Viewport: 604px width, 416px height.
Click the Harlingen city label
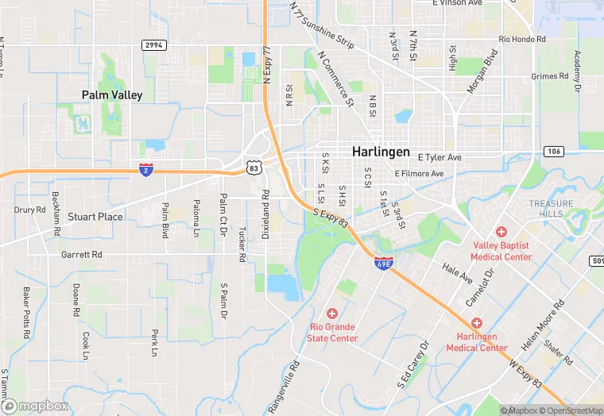[381, 152]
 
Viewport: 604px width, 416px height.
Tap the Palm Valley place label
[112, 95]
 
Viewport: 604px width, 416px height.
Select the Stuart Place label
[95, 216]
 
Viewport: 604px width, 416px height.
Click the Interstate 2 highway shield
[146, 169]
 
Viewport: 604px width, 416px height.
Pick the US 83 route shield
[254, 168]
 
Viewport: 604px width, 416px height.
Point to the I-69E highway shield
[383, 262]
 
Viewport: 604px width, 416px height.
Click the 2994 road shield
[153, 45]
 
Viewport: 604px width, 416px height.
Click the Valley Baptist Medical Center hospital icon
[501, 232]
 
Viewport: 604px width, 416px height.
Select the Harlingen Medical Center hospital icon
[477, 323]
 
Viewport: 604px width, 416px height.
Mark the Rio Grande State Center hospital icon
[332, 314]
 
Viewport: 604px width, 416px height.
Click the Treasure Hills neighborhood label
[551, 209]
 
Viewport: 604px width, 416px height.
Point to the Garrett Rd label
[82, 255]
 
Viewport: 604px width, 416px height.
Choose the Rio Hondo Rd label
[522, 39]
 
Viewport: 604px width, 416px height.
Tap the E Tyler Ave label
[439, 158]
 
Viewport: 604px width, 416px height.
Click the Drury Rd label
[30, 210]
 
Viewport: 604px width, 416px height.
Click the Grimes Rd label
[550, 76]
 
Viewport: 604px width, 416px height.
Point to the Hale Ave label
[458, 275]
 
